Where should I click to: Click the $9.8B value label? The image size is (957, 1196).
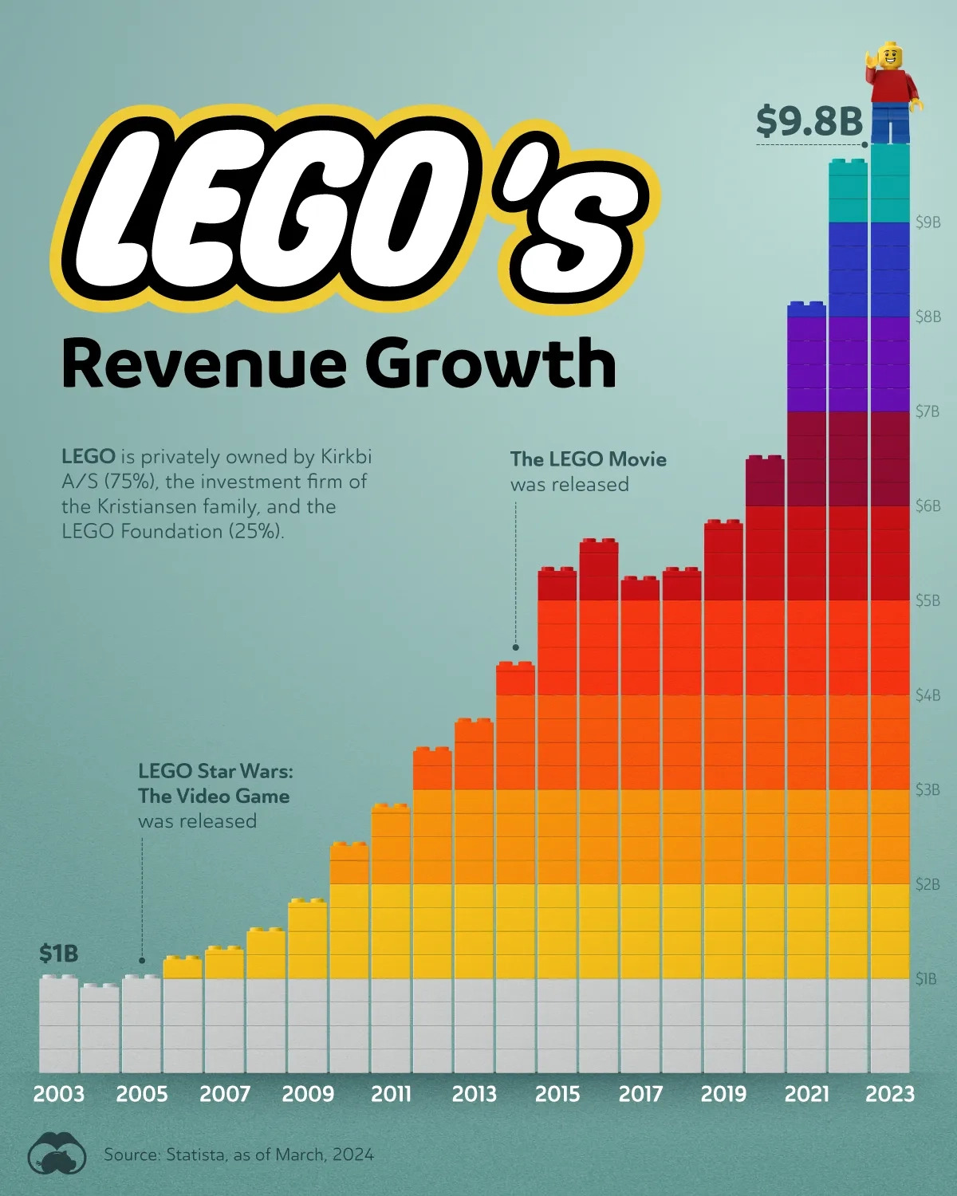coord(809,121)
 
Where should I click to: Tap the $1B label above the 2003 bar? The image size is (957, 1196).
coord(59,953)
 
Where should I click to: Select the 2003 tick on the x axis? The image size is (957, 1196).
coord(59,1093)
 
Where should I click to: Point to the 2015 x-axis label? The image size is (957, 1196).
coord(557,1093)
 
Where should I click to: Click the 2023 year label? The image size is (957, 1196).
coord(889,1093)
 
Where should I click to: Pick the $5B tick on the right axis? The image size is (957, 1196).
coord(927,600)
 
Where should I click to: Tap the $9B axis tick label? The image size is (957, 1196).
coord(927,222)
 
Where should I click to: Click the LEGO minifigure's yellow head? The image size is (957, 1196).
coord(890,57)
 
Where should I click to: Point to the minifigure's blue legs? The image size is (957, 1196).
coord(890,124)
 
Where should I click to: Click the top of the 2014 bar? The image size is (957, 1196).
coord(515,667)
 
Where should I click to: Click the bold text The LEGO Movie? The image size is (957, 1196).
coord(588,459)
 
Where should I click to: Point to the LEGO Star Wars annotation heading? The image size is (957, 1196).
coord(215,783)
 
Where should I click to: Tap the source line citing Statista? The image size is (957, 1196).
coord(238,1155)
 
